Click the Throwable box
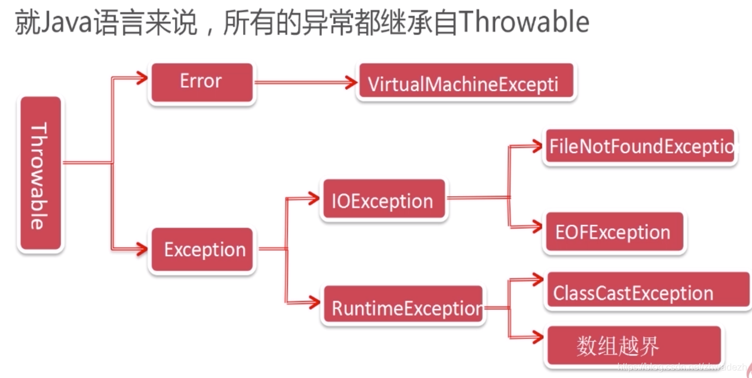click(40, 174)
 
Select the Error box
click(202, 82)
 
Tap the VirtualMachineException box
click(466, 84)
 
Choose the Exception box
click(203, 250)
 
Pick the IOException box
click(382, 200)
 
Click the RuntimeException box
click(403, 307)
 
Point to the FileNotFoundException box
click(639, 147)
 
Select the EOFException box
click(613, 232)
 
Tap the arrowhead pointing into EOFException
click(537, 228)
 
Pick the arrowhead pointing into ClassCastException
click(537, 278)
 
